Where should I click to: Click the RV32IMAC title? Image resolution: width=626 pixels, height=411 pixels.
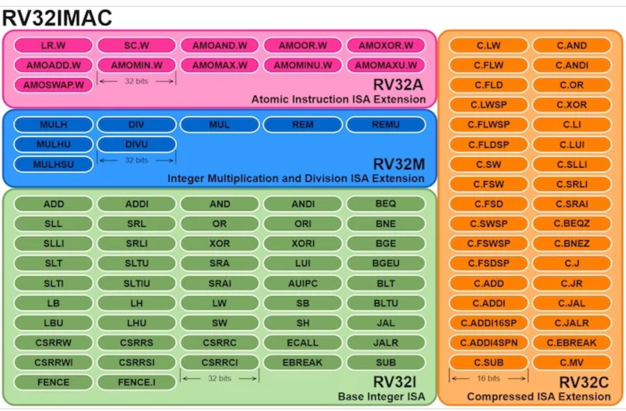(57, 18)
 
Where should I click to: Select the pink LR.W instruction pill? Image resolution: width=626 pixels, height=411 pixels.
(53, 45)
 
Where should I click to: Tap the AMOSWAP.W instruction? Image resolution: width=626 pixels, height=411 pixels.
(53, 85)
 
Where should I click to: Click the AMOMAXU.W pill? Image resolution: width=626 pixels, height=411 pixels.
(386, 65)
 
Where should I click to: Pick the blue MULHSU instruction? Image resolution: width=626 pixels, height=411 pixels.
(53, 164)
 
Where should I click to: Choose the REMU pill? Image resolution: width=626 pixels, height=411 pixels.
(386, 125)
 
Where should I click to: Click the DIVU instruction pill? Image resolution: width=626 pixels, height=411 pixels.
(137, 144)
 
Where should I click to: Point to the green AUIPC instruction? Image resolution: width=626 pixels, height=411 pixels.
(303, 283)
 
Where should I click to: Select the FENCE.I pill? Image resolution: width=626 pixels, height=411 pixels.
(137, 382)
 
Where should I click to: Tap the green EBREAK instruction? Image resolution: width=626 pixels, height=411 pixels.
(303, 362)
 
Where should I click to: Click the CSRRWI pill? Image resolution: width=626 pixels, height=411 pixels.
(53, 362)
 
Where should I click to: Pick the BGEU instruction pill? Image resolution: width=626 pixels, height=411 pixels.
(386, 263)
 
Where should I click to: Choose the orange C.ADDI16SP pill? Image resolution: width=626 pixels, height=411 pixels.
(489, 323)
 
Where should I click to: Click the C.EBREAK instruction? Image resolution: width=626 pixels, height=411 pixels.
(572, 343)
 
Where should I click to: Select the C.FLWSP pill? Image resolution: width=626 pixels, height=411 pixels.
(489, 125)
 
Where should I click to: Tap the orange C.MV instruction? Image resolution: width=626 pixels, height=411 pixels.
(572, 362)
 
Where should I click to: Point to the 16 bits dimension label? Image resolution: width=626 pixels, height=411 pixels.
(489, 378)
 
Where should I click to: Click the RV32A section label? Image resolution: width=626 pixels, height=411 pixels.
(398, 85)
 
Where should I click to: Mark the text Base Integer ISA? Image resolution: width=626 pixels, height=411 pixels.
(382, 397)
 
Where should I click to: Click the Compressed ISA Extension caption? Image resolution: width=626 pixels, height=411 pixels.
(538, 397)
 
